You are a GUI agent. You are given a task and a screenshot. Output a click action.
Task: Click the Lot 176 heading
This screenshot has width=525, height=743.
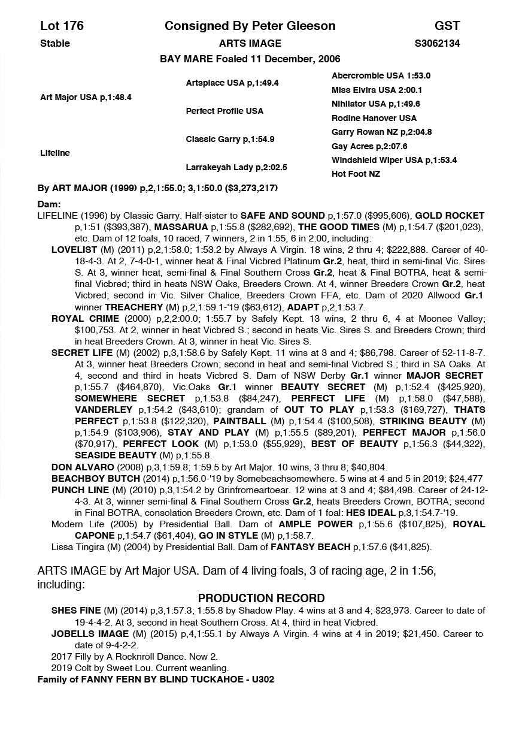click(62, 26)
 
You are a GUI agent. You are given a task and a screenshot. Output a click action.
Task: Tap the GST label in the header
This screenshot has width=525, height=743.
click(447, 26)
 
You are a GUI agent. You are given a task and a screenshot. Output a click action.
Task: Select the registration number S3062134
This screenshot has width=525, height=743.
click(437, 43)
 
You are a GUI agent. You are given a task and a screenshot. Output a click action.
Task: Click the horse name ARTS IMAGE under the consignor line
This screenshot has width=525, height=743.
click(250, 43)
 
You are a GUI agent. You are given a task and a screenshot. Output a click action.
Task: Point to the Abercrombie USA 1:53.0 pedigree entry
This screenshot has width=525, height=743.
click(381, 76)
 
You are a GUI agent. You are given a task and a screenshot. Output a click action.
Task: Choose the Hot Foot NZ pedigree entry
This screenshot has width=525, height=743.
click(356, 174)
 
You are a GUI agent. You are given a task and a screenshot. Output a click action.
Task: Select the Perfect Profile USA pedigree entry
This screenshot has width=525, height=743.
click(224, 111)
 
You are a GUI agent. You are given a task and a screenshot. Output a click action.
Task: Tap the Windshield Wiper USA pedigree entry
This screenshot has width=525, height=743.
click(394, 160)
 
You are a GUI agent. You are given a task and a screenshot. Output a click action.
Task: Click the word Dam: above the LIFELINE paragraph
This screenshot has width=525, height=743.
click(49, 204)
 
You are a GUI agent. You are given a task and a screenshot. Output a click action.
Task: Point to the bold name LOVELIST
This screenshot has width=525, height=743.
click(75, 250)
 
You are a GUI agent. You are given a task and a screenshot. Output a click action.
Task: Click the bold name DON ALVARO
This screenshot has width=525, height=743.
click(78, 467)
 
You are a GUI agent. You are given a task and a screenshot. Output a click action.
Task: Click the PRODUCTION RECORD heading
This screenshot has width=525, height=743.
click(262, 598)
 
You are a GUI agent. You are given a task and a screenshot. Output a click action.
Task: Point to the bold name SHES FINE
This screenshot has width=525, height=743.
click(76, 611)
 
